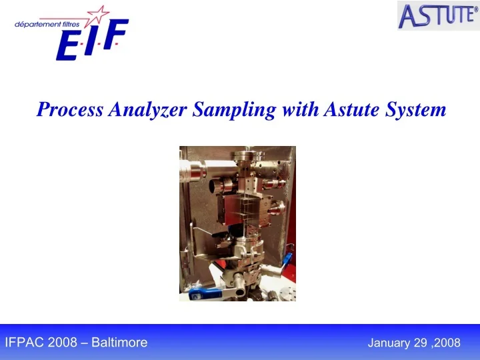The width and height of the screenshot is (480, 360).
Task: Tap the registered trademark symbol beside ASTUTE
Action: pos(475,8)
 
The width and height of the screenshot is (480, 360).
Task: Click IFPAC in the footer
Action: pos(25,343)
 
